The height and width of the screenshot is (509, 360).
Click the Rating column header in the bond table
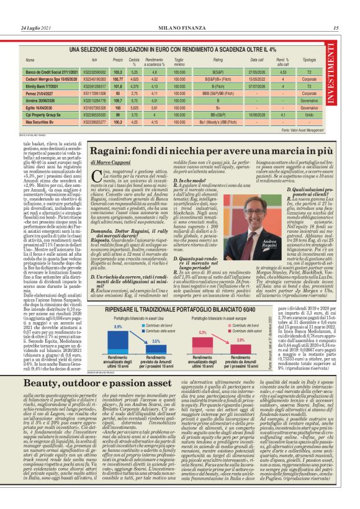coord(218,60)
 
